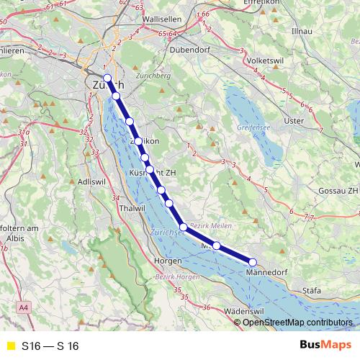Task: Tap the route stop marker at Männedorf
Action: (253, 262)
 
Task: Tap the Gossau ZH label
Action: (338, 190)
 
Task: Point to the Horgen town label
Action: (168, 261)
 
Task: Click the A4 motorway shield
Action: (26, 308)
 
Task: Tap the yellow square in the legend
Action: (10, 346)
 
